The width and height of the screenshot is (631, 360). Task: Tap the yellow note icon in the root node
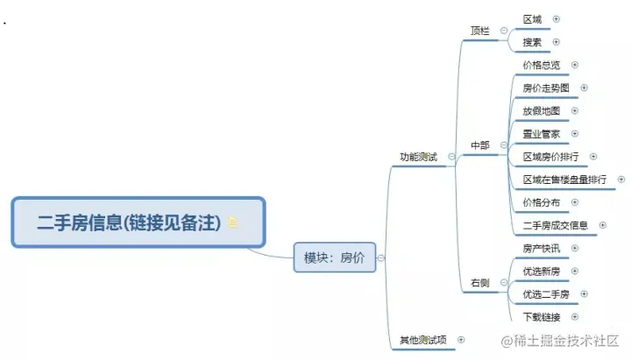tap(232, 223)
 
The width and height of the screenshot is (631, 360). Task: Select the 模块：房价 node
tap(333, 258)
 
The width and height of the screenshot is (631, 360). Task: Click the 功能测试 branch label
tap(418, 157)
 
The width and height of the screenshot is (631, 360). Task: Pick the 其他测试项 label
tap(422, 339)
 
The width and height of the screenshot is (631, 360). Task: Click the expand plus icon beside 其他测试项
tap(461, 339)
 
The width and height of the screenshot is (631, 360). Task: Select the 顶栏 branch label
tap(479, 31)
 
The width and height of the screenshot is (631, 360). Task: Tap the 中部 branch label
tap(479, 145)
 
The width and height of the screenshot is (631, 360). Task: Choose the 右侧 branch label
tap(479, 283)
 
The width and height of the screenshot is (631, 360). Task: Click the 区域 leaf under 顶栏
tap(532, 18)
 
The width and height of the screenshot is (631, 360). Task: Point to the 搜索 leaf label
tap(532, 41)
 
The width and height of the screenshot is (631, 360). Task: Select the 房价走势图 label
tap(546, 88)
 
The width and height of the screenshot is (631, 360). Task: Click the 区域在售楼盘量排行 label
tap(564, 179)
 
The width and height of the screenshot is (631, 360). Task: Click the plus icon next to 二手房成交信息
tap(603, 225)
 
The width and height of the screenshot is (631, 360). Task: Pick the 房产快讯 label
tap(542, 248)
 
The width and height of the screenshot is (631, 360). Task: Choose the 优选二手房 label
tap(546, 293)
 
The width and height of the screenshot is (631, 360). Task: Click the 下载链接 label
tap(542, 316)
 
